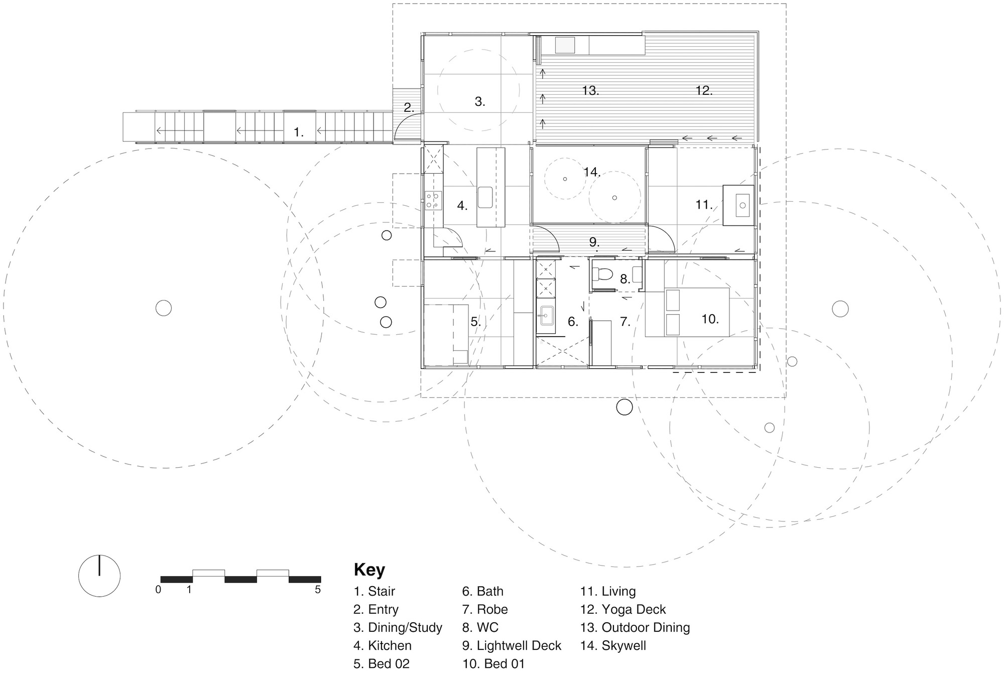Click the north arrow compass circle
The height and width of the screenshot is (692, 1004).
coord(99,576)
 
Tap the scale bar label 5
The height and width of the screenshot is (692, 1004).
coord(317,590)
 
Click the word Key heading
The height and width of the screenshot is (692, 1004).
coord(369,570)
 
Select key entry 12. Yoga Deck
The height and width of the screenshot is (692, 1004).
coord(622,609)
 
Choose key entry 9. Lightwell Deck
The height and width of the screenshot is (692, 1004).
coord(511,645)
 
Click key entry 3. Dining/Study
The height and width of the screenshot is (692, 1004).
coord(397,627)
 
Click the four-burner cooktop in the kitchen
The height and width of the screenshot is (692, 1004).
coord(433,200)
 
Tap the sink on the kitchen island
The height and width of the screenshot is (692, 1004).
coord(485,197)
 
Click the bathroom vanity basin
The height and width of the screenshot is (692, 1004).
coord(546,316)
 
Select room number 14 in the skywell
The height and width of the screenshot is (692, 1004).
coord(592,172)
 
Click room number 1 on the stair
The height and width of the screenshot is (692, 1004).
coord(298,132)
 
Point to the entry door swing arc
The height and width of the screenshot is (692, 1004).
coord(407,125)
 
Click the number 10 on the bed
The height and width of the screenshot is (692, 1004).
coord(709,319)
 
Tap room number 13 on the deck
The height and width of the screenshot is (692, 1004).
coord(590,91)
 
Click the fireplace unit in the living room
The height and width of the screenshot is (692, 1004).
coord(738,205)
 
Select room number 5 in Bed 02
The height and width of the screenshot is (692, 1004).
coord(475,322)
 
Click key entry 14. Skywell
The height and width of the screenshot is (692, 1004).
coord(612,645)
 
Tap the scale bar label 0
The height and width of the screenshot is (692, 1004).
coord(158,590)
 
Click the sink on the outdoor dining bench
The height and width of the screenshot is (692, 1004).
coord(565,45)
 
